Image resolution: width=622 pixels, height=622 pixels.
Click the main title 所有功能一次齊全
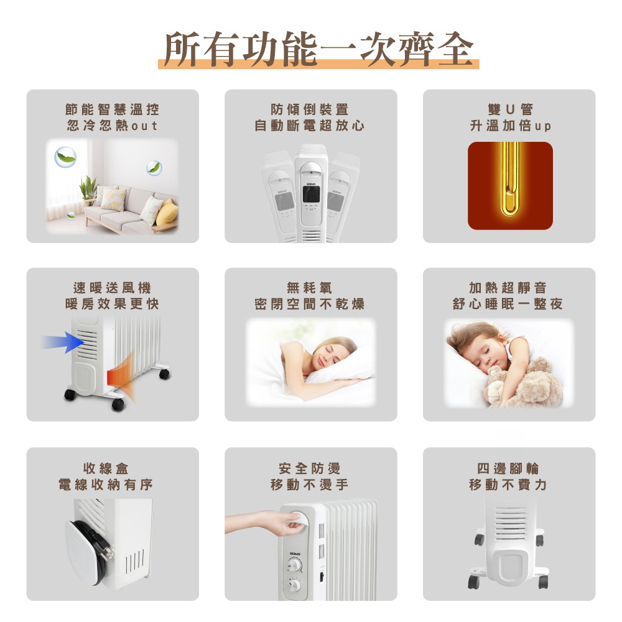[x=318, y=49]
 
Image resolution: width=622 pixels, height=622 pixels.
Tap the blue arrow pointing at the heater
[x=63, y=342]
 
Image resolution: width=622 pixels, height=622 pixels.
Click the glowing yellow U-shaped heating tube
[x=510, y=179]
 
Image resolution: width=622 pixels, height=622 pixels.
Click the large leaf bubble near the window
[x=65, y=157]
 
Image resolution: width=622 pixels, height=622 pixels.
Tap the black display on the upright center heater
[x=311, y=193]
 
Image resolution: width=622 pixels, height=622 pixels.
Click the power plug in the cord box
[x=104, y=549]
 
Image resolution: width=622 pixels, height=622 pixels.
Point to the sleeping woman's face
[x=326, y=355]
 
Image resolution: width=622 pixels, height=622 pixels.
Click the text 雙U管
[x=510, y=109]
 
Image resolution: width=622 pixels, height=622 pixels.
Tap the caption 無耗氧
[x=309, y=287]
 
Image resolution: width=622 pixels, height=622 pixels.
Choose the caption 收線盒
[x=106, y=468]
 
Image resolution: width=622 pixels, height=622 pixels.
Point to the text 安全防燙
[x=309, y=468]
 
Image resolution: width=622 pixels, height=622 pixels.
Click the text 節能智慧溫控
[x=112, y=109]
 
